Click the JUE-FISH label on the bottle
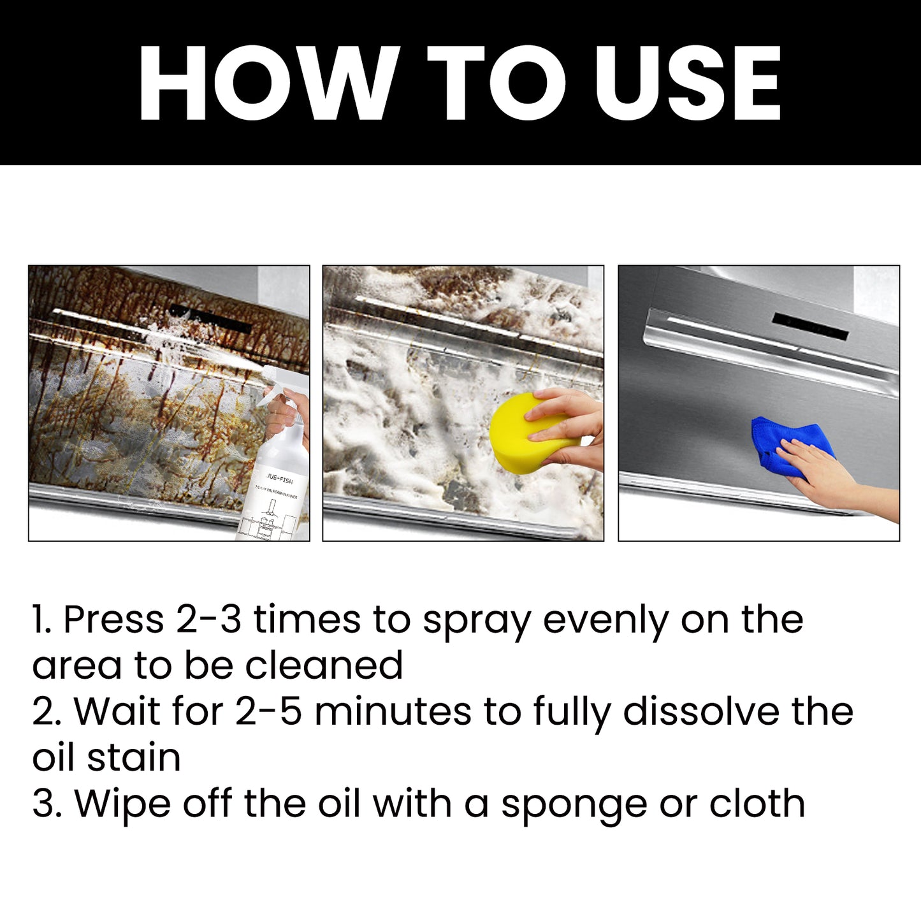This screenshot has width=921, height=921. [280, 477]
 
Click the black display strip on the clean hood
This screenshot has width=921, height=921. [810, 326]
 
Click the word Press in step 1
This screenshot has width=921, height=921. [113, 620]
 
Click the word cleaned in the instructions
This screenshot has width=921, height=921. [324, 665]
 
